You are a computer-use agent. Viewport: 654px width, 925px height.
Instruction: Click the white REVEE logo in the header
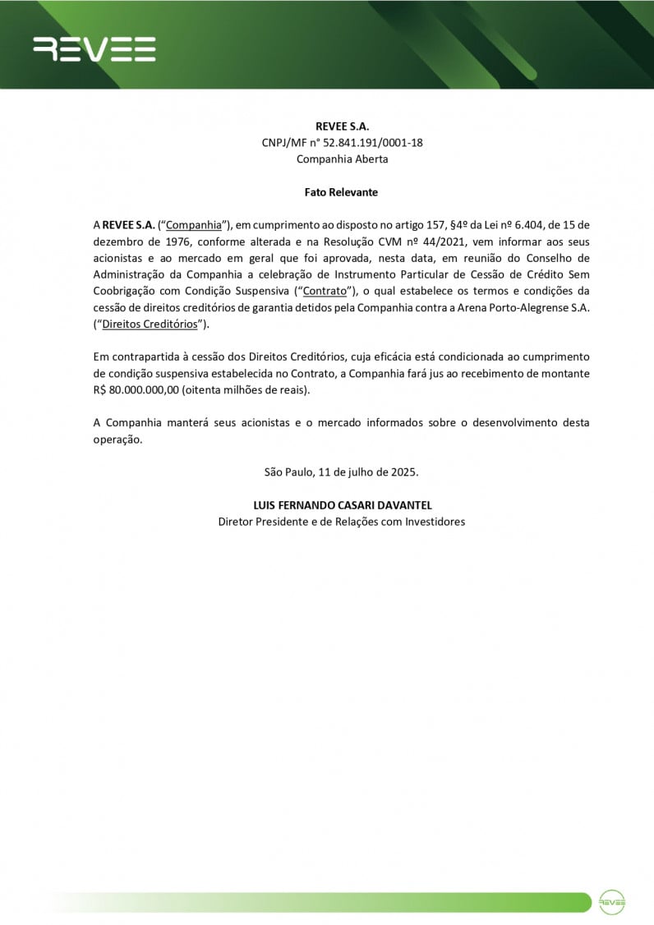(94, 49)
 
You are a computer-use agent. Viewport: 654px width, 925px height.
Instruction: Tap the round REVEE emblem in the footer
(612, 901)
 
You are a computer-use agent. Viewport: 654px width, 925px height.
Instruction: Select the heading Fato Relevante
(341, 191)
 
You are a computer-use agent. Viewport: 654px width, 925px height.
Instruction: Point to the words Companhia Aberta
(342, 159)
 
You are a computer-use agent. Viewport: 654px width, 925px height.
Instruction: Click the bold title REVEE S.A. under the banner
(342, 126)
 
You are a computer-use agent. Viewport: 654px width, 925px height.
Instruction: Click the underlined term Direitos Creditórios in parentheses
(150, 324)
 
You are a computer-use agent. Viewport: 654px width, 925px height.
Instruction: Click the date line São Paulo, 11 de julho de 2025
(341, 472)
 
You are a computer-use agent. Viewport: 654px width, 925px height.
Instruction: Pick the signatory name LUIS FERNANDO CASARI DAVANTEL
(341, 505)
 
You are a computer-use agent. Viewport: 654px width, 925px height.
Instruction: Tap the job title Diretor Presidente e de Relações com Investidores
(341, 522)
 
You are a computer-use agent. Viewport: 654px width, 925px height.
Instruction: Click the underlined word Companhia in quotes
(194, 224)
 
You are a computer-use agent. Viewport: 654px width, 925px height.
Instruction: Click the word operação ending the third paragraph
(117, 439)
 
